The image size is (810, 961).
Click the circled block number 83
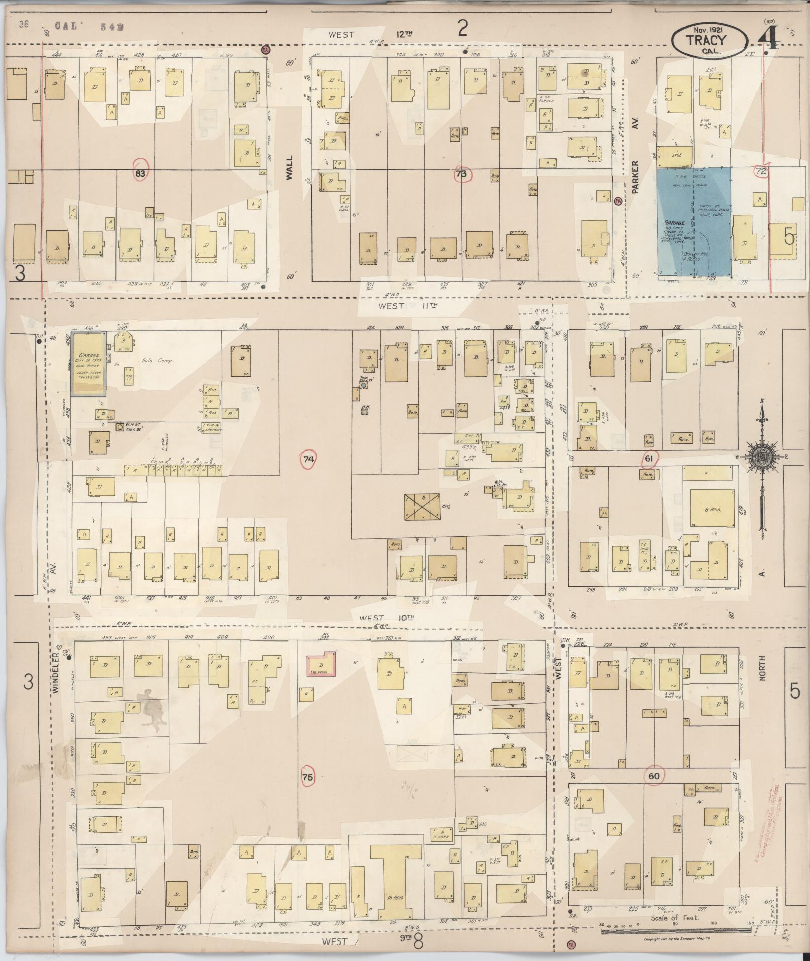pyautogui.click(x=142, y=173)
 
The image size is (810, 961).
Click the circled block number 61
pyautogui.click(x=649, y=458)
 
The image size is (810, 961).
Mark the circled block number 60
pyautogui.click(x=654, y=776)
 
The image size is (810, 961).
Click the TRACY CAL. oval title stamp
pyautogui.click(x=708, y=40)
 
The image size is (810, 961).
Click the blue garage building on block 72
pyautogui.click(x=693, y=222)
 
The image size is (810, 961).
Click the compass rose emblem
pyautogui.click(x=762, y=456)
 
